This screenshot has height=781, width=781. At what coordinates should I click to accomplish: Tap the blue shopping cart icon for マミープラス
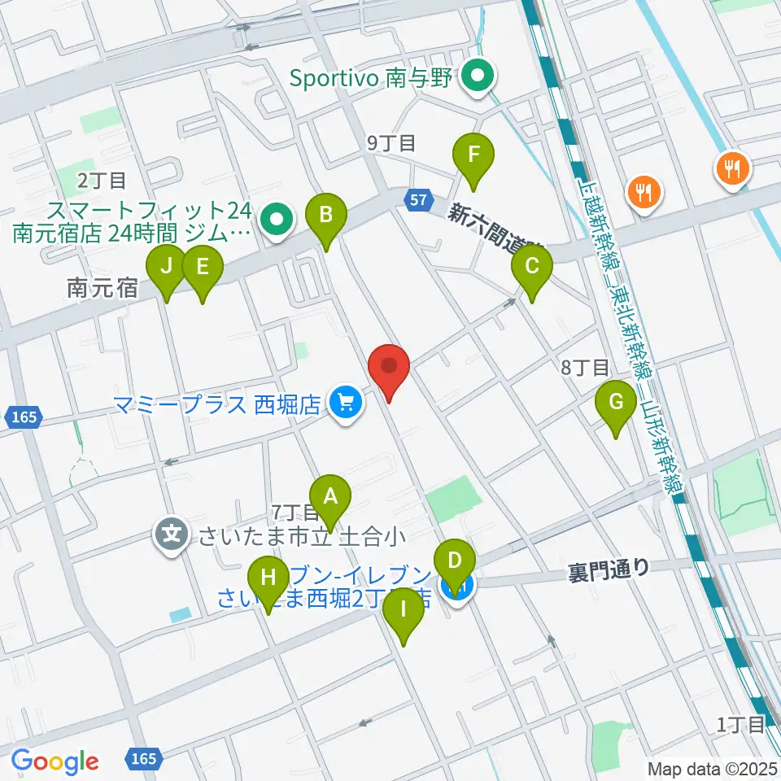pos(346,402)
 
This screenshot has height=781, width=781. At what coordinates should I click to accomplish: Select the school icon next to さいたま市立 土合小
pos(172,535)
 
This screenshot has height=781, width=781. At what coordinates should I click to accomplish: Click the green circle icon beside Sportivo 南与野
pos(479,79)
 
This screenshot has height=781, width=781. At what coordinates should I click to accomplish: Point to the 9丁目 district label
pos(391,143)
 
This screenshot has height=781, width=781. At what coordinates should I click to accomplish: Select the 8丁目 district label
pos(585,368)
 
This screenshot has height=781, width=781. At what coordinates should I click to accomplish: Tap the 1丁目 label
pos(740,723)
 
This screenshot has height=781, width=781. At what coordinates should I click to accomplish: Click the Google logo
pos(55,761)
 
